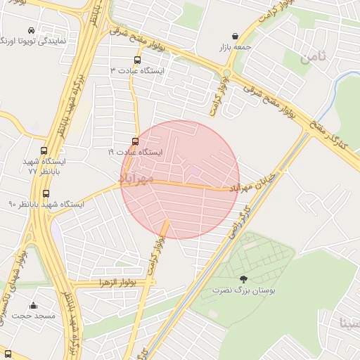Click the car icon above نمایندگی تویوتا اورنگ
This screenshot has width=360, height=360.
[32, 30]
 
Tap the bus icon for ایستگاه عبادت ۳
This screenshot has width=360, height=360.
[137, 60]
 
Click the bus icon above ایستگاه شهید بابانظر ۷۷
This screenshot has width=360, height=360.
[45, 151]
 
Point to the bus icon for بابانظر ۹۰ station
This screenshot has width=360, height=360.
[46, 193]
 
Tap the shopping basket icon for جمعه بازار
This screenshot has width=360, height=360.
[234, 36]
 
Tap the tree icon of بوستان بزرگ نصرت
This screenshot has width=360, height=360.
[244, 279]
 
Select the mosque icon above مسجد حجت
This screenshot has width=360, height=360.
[33, 306]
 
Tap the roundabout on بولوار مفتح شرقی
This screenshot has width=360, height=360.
[226, 73]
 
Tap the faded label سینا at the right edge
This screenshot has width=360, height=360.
[349, 323]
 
